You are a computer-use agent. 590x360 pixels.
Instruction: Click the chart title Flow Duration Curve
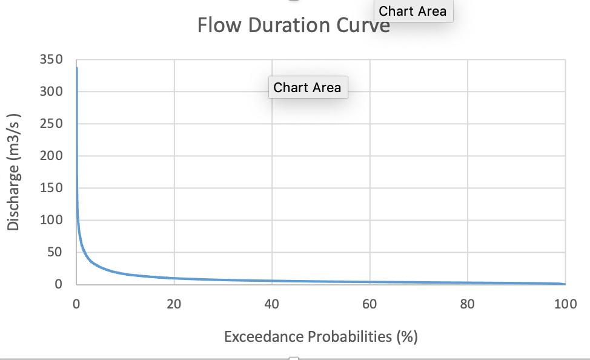coord(293,25)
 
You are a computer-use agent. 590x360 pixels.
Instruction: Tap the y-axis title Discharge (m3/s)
coord(14,172)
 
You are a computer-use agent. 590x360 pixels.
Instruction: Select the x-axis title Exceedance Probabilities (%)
coord(320,337)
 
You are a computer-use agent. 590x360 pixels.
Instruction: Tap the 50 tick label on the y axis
coord(56,252)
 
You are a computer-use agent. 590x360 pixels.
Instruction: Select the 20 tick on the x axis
coord(174,304)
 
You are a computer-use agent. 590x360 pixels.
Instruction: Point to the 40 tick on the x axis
coord(272,304)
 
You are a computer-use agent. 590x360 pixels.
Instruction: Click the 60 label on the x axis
coord(370,304)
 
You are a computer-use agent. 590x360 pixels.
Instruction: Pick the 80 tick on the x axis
coord(468,304)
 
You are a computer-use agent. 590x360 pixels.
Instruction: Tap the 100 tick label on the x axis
coord(565,304)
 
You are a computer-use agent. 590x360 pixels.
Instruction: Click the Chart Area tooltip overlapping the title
coord(413,11)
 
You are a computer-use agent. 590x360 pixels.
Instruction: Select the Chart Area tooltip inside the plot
coord(307,87)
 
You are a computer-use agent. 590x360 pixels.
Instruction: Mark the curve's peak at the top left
coord(77,68)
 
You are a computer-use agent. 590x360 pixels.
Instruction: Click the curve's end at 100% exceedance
coord(565,284)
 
